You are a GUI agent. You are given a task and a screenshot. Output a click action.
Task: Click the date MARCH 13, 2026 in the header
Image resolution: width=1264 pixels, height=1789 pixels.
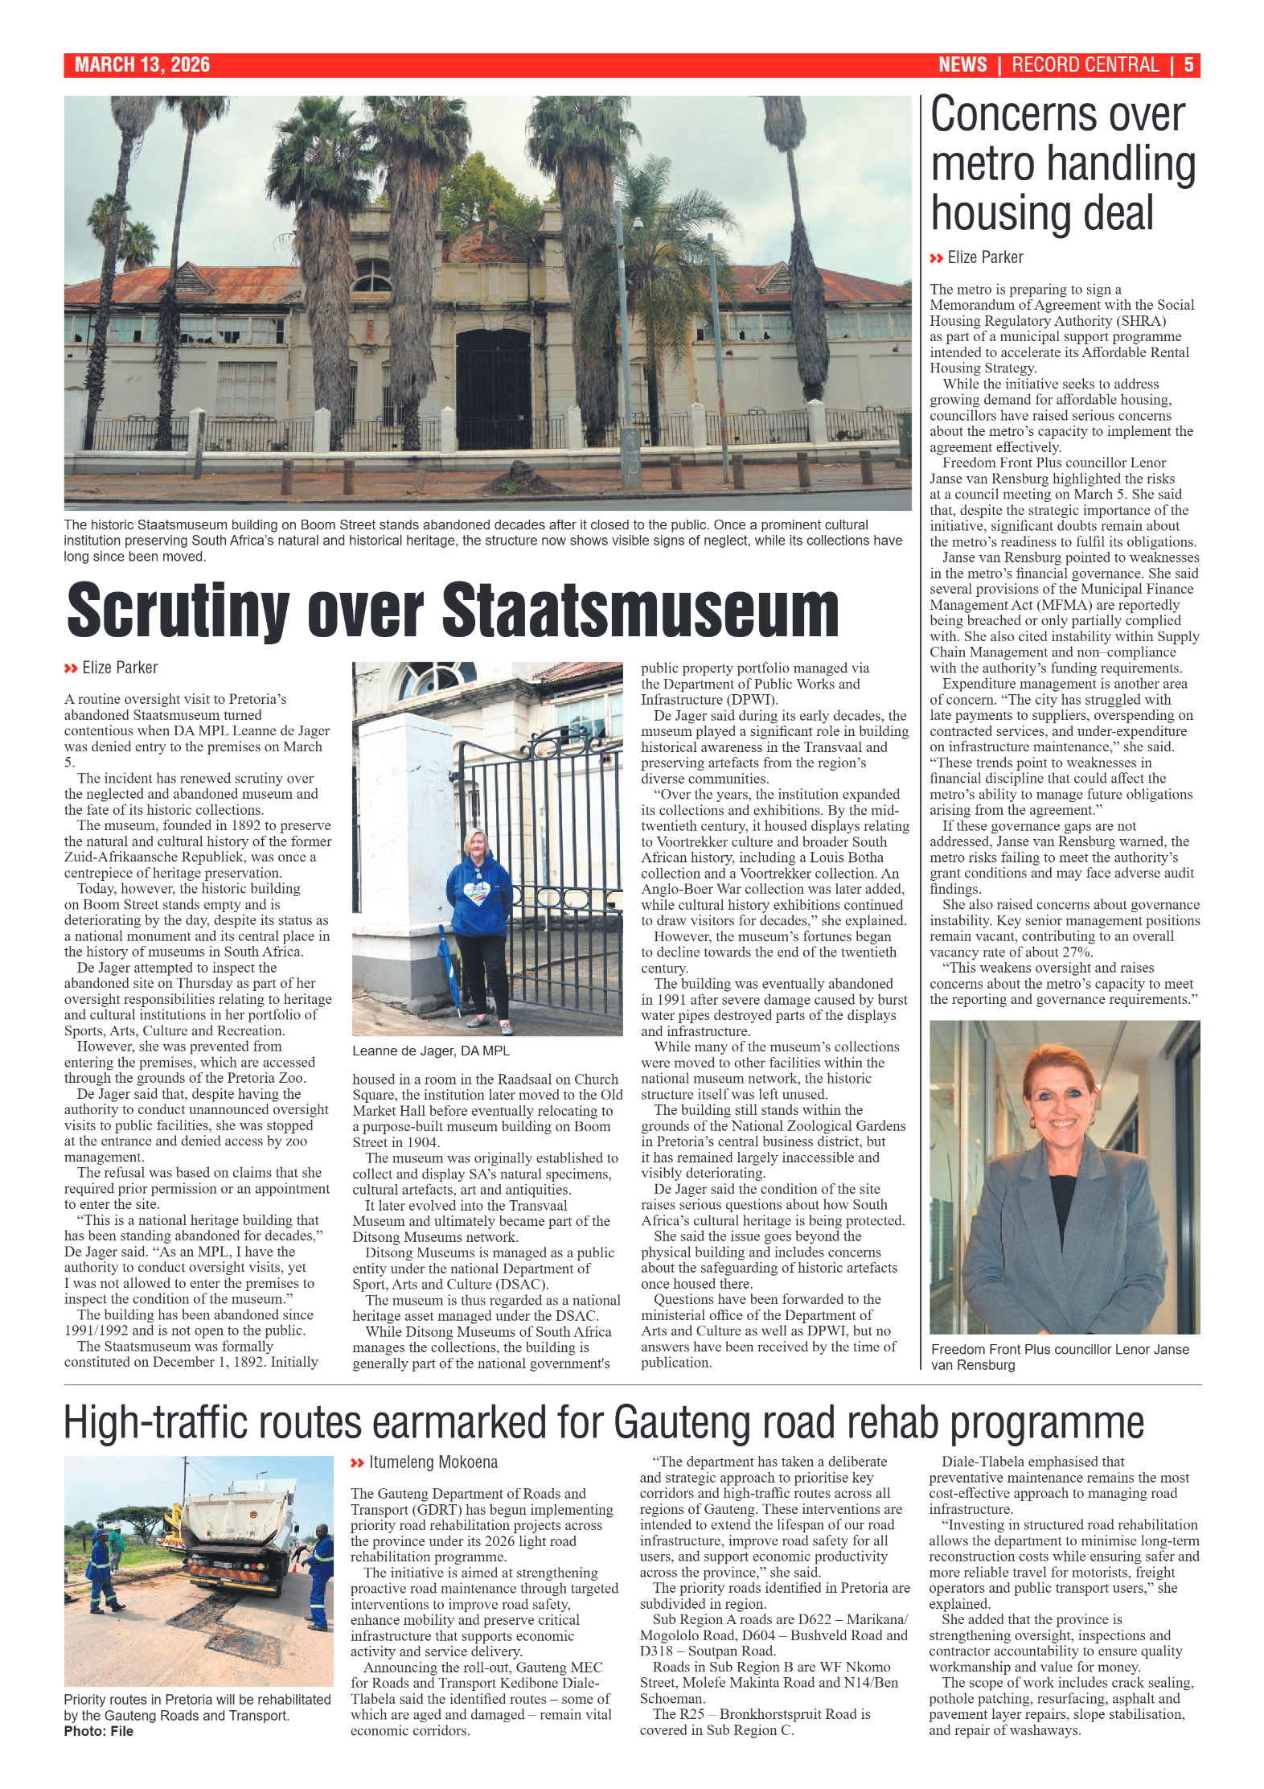pyautogui.click(x=142, y=65)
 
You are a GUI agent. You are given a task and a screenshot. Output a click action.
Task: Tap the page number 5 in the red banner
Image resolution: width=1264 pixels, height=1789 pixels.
pyautogui.click(x=1188, y=65)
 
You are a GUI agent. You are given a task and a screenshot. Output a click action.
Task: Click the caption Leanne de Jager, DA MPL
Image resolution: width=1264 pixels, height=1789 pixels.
pyautogui.click(x=431, y=1051)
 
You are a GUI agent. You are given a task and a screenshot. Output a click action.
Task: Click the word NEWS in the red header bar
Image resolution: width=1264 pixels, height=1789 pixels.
pyautogui.click(x=962, y=65)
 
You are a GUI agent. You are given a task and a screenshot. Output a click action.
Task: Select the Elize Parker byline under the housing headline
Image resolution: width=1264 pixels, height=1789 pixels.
pyautogui.click(x=984, y=257)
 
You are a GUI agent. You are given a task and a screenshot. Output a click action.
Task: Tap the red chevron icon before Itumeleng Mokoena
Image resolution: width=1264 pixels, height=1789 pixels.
pyautogui.click(x=358, y=1463)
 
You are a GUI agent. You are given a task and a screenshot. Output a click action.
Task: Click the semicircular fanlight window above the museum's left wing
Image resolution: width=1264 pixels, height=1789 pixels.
pyautogui.click(x=372, y=276)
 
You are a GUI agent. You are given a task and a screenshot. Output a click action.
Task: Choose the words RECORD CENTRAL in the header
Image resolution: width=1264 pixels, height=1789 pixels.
pyautogui.click(x=1085, y=65)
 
